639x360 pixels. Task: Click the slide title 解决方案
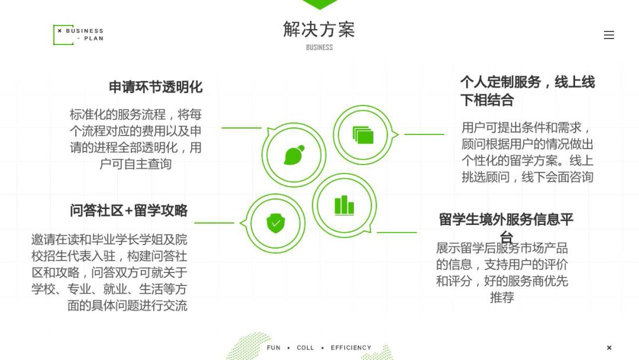tap(319, 30)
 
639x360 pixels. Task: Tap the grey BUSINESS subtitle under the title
tap(319, 47)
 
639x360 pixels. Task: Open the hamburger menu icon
tap(609, 35)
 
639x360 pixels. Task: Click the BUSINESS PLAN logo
tap(78, 35)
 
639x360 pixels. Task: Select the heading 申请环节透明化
tap(156, 87)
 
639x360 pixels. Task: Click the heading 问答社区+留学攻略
tap(129, 210)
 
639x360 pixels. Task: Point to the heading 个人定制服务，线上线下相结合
tap(527, 91)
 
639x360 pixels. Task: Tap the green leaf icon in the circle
tap(294, 155)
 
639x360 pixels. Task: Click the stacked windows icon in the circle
tap(363, 134)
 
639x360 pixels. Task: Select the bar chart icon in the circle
tap(344, 205)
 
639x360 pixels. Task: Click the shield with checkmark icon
tap(276, 223)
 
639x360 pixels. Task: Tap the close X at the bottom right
tap(609, 348)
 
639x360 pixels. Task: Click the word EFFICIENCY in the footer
tap(351, 348)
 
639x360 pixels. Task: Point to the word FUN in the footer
tap(273, 348)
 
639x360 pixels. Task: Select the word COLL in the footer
tap(305, 348)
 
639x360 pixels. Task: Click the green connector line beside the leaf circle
tap(241, 128)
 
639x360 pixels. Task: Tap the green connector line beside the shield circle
tap(214, 223)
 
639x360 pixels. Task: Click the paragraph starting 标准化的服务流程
tap(135, 139)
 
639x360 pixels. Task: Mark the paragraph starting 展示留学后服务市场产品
tap(502, 272)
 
